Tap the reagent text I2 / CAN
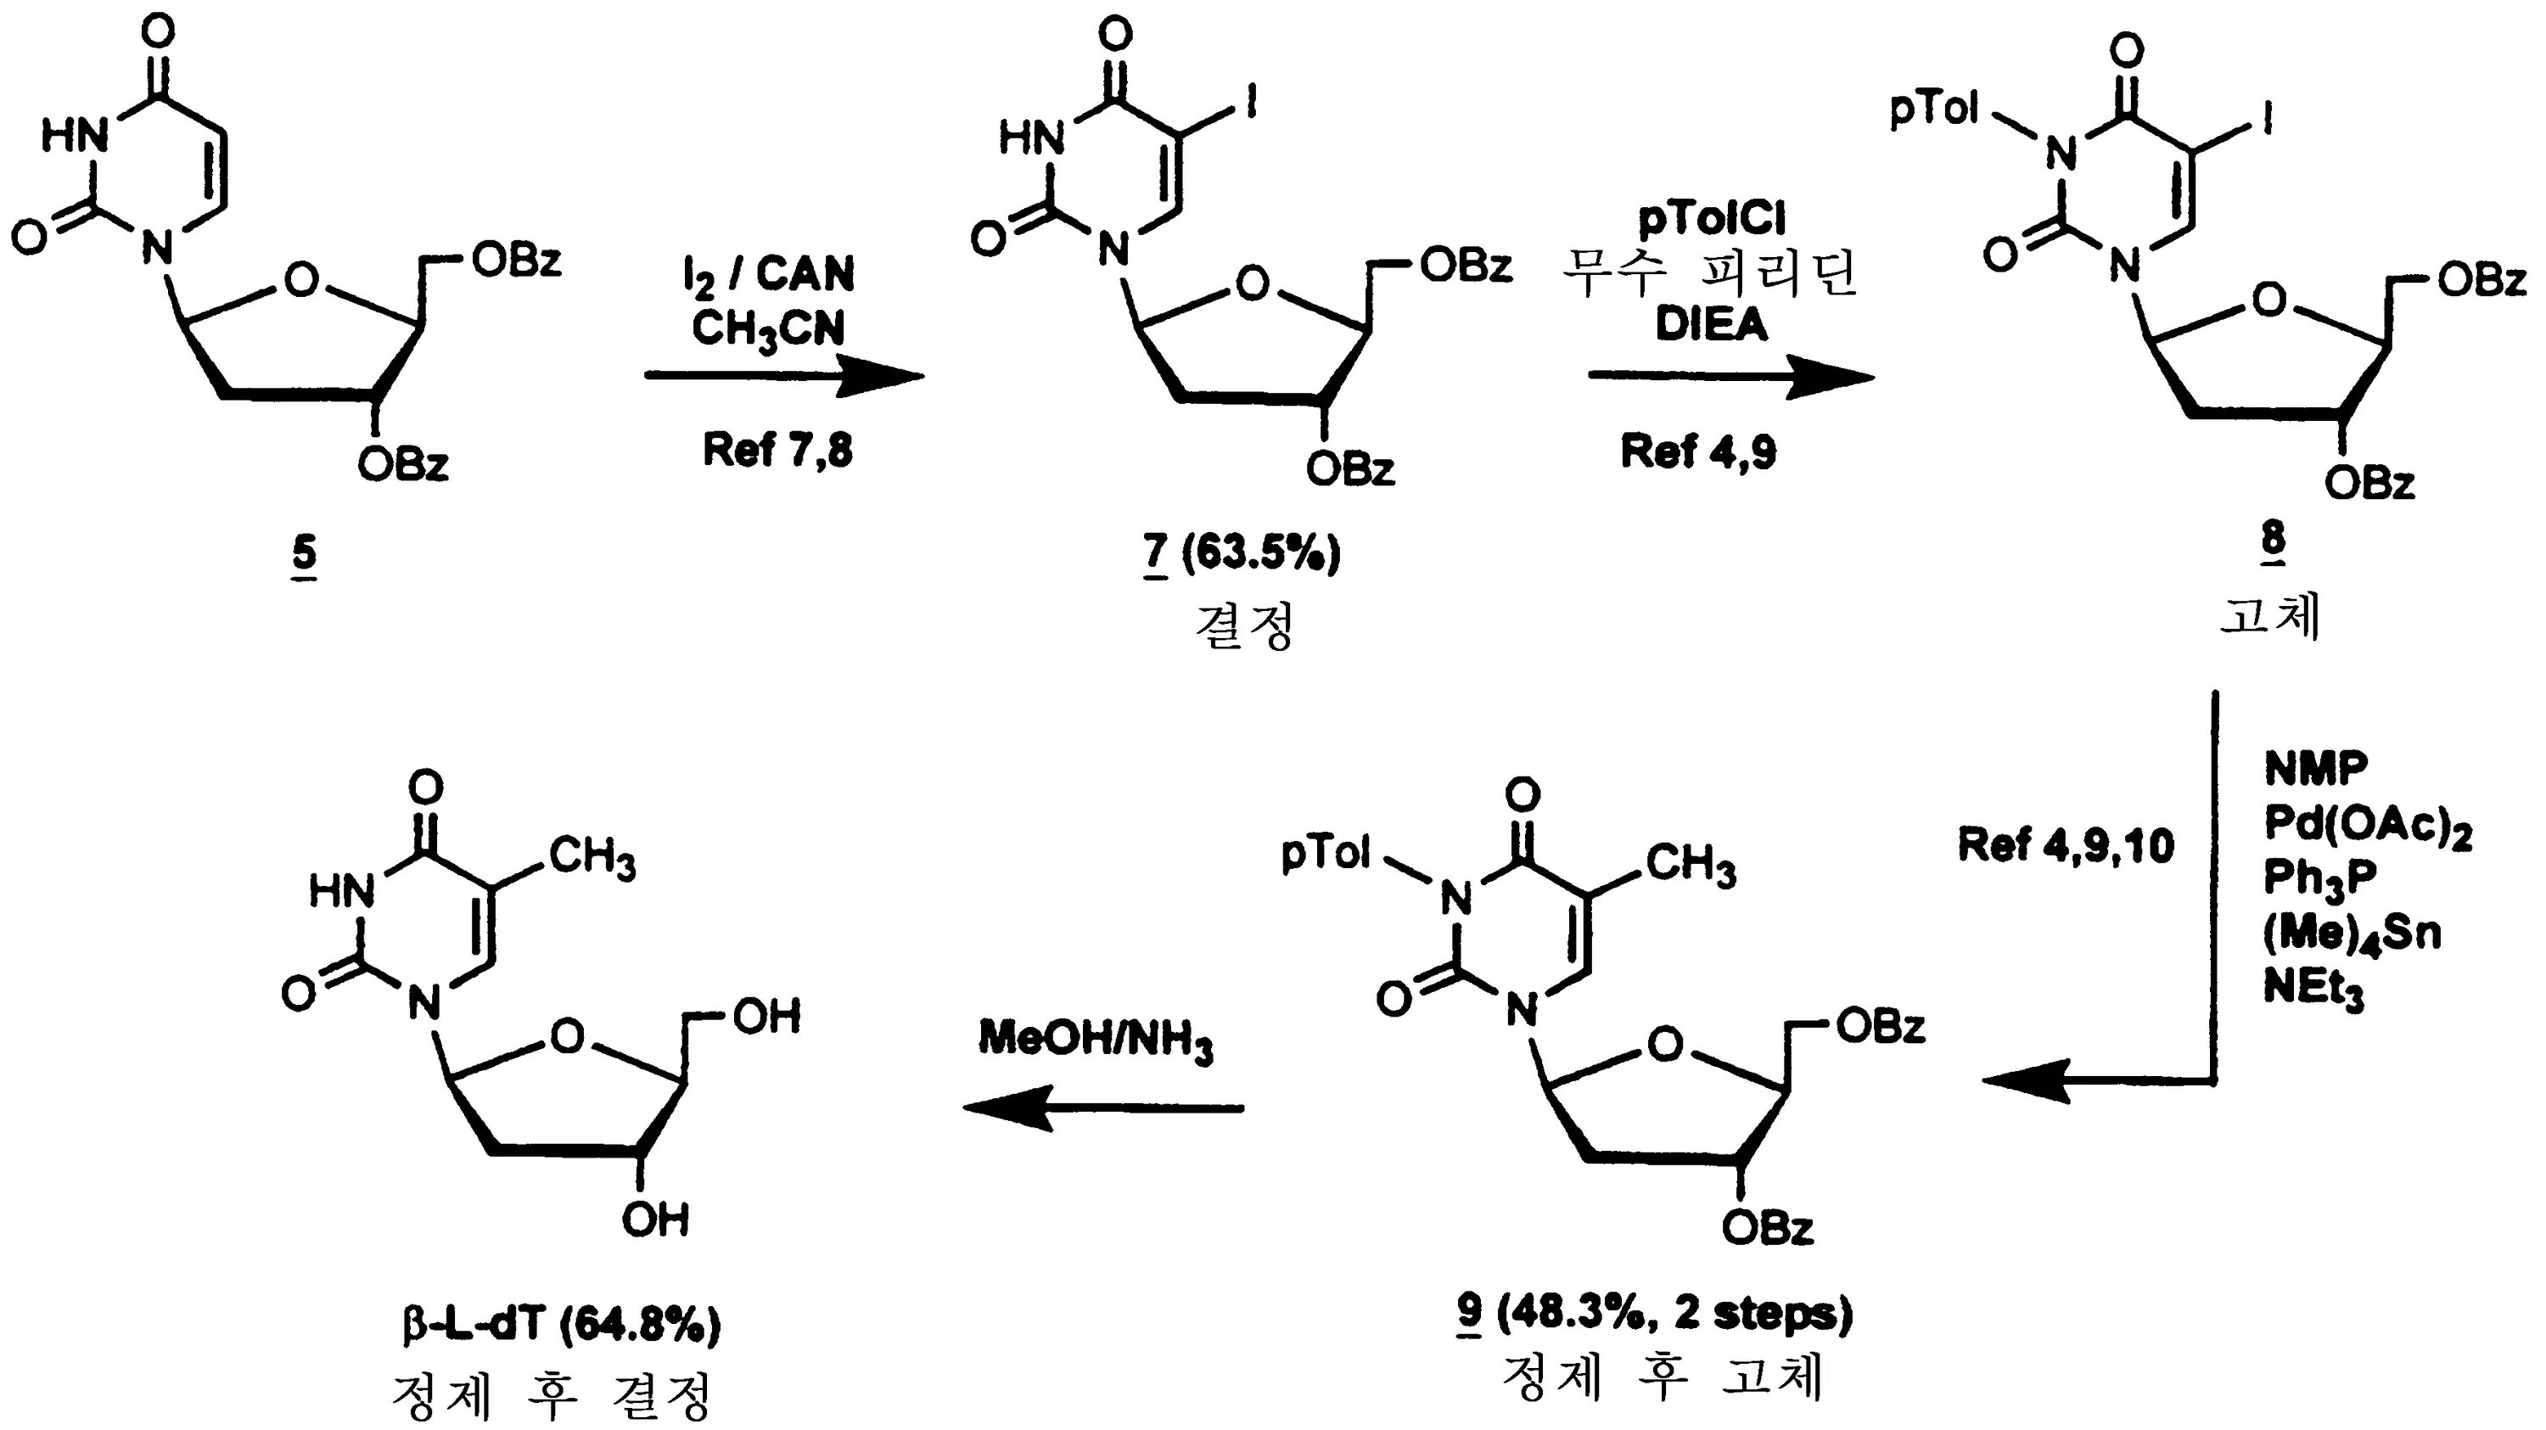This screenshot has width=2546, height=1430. (x=769, y=275)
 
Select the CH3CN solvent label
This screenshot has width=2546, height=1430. (x=768, y=329)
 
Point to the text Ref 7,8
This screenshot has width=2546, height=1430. (x=777, y=450)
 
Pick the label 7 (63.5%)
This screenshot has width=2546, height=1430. (x=1242, y=554)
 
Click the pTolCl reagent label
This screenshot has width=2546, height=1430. (x=1712, y=220)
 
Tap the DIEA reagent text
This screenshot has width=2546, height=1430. (x=1711, y=325)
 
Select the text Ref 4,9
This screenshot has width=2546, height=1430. (x=1698, y=451)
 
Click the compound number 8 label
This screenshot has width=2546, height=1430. (x=2272, y=541)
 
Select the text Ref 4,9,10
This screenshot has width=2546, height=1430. (x=2066, y=846)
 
